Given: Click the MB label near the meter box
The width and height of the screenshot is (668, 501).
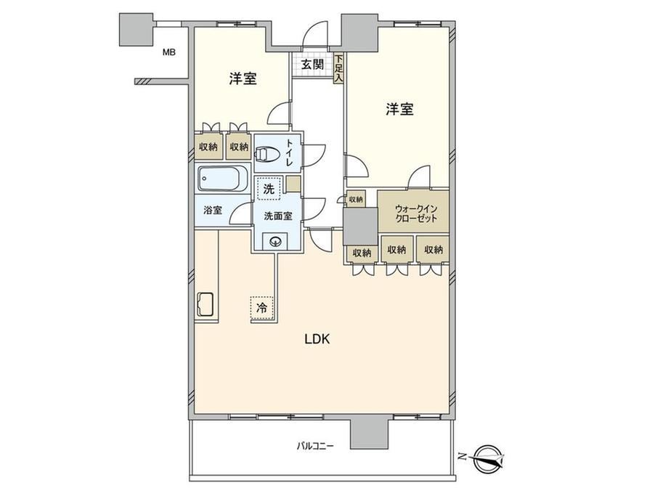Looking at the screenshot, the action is [169, 53].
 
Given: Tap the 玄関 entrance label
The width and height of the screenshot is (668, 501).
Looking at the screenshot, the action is [313, 65].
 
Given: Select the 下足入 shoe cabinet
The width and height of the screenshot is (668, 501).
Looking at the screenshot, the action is [338, 68].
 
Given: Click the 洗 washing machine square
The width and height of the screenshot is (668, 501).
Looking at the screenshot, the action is [269, 188].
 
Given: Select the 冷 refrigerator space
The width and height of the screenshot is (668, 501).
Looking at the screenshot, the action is [261, 308].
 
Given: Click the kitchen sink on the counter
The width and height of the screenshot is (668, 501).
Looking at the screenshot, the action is [205, 305].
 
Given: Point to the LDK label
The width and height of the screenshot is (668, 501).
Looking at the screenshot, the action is [317, 339].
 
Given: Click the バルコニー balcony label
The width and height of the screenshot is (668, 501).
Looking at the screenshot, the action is [315, 446].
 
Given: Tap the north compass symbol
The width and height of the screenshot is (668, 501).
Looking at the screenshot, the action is [487, 458].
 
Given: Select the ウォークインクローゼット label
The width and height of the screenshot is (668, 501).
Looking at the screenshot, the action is [416, 214].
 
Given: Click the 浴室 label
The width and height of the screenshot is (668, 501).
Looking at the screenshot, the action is [213, 210].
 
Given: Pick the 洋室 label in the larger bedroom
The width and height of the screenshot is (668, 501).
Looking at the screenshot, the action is [399, 110].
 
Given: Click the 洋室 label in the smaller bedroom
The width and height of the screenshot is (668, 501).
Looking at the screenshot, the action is [243, 78].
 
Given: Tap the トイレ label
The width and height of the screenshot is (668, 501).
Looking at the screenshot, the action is [289, 152].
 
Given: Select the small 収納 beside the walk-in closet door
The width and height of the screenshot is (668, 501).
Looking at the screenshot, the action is [356, 199].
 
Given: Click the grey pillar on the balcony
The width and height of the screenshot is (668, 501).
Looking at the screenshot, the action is [370, 433].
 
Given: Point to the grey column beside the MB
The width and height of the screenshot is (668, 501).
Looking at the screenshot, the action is [136, 29].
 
